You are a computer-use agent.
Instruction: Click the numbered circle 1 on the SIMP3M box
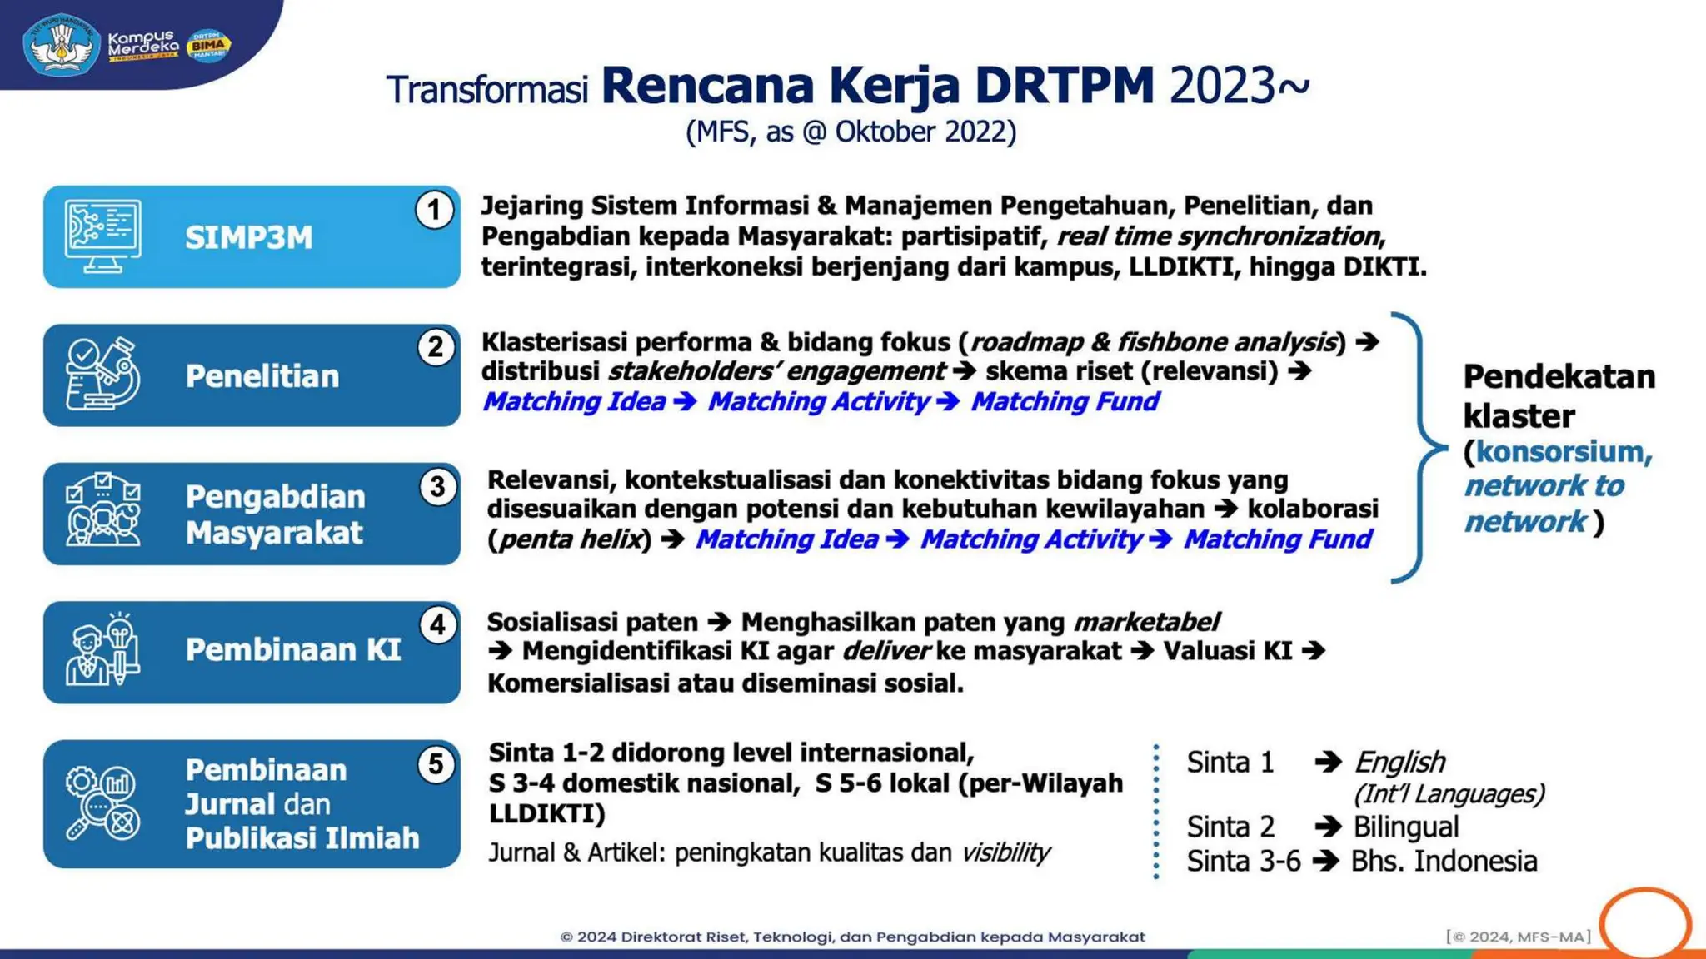[434, 210]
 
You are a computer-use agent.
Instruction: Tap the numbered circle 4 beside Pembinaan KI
[437, 625]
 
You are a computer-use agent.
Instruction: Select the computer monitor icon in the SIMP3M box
[102, 236]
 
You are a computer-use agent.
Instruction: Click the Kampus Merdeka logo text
[142, 45]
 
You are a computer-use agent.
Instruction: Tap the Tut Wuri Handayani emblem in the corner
[61, 45]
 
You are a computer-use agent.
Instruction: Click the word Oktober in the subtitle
[885, 132]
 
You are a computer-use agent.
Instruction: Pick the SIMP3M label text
[248, 238]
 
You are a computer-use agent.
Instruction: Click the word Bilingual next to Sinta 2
[1405, 827]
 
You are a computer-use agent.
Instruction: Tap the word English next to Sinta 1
[1399, 762]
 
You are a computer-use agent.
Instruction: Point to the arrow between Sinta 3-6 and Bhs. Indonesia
[1325, 861]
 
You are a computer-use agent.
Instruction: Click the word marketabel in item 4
[1146, 622]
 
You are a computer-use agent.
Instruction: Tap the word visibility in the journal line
[1005, 852]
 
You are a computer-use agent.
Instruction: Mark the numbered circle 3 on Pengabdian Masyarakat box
[437, 487]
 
